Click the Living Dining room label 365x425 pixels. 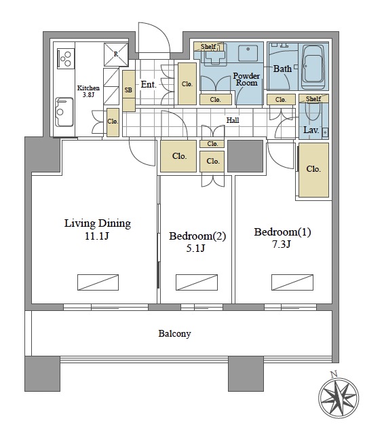click(98, 223)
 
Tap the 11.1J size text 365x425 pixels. click(97, 236)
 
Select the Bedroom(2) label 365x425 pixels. click(197, 236)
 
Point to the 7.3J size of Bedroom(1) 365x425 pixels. click(282, 244)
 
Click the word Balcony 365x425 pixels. click(174, 333)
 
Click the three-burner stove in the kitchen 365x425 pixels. click(66, 58)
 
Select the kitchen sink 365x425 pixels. click(64, 112)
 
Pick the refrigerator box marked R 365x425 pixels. click(116, 54)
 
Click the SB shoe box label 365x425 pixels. click(128, 90)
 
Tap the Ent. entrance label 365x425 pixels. click(149, 85)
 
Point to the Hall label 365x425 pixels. click(233, 120)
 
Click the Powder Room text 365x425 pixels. click(246, 79)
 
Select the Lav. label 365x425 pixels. click(311, 130)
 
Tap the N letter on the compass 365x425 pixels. click(334, 374)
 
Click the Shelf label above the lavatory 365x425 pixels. click(313, 98)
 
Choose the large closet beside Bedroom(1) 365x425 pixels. click(313, 170)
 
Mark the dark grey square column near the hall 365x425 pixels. click(245, 156)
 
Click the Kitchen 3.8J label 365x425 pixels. click(88, 92)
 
